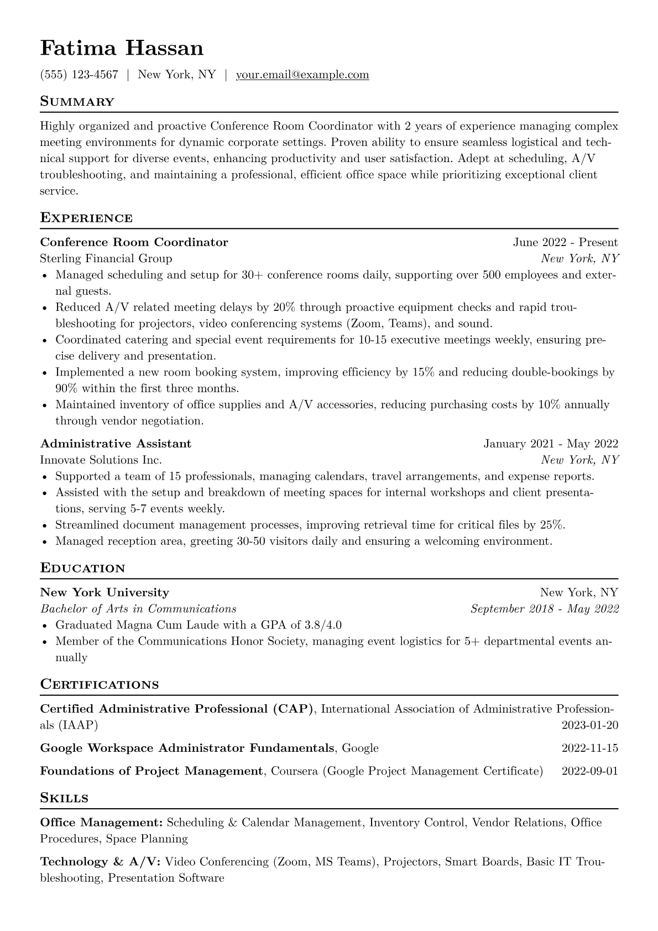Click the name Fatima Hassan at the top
122,49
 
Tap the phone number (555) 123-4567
79,75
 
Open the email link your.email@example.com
302,75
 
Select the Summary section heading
77,102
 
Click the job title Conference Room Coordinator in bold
134,242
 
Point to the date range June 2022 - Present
565,242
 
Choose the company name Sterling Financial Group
106,258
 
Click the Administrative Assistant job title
116,444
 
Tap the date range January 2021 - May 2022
551,444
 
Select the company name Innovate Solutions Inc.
101,460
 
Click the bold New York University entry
105,592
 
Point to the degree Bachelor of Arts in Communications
138,609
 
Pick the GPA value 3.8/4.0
323,625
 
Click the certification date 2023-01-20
589,725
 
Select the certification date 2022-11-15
589,748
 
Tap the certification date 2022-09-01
589,771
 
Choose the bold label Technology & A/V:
101,862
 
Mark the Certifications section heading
100,685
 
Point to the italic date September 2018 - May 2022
545,609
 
